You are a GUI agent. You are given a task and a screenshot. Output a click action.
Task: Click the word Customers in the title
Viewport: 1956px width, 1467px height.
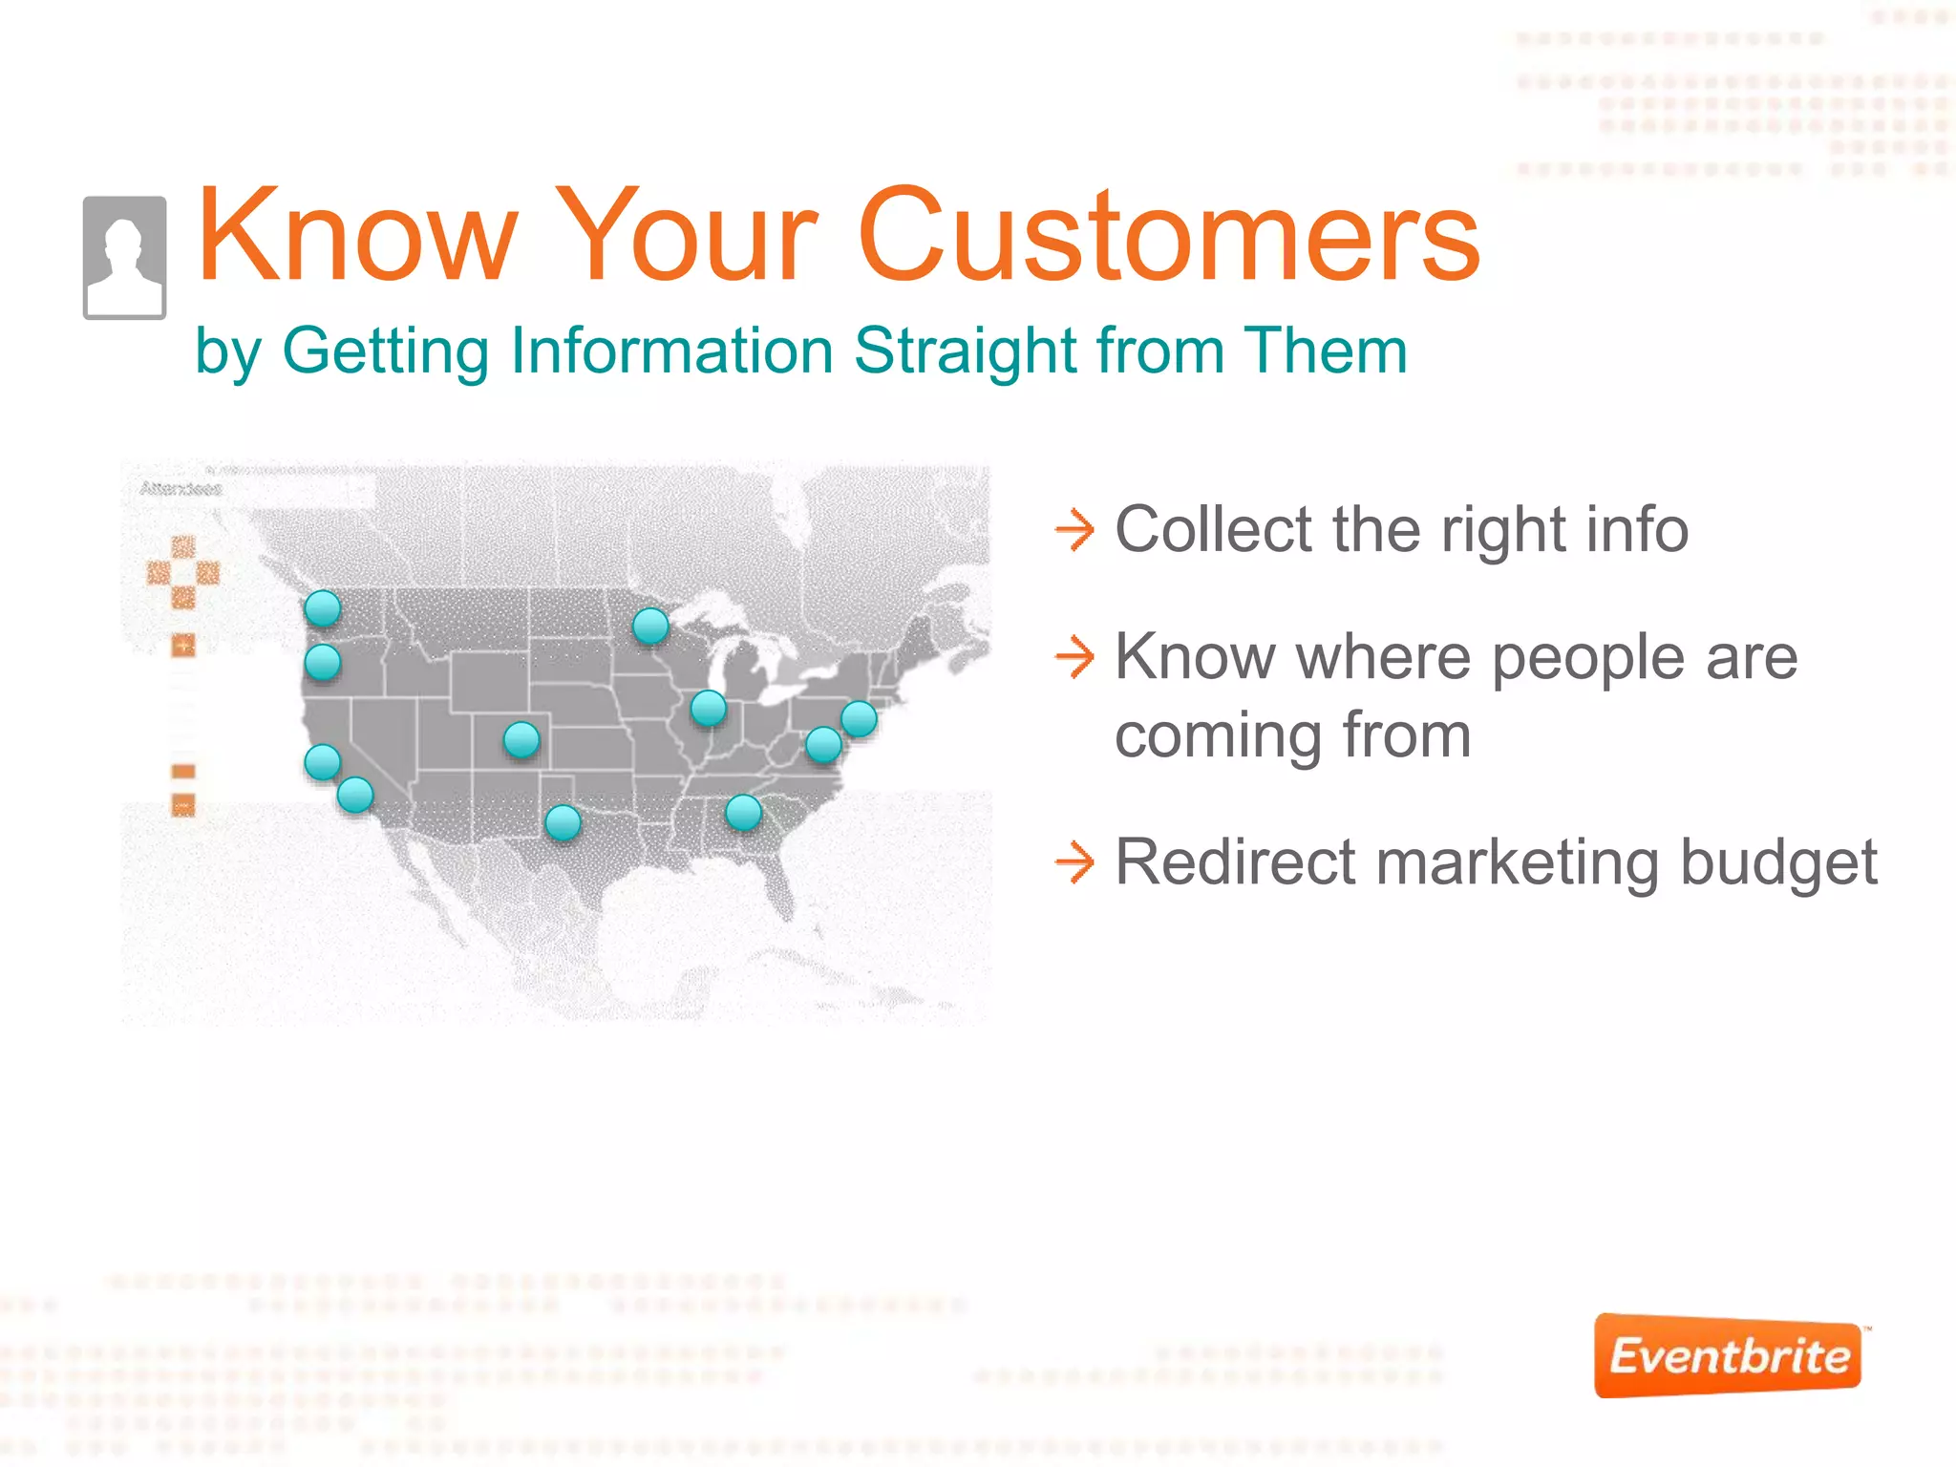tap(1169, 236)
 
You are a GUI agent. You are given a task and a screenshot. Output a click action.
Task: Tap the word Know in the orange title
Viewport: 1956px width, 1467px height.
tap(356, 236)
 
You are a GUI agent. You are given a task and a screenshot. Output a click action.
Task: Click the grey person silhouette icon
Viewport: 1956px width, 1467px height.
tap(124, 258)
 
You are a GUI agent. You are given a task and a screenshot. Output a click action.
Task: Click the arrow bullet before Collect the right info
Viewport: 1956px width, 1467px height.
tap(1074, 530)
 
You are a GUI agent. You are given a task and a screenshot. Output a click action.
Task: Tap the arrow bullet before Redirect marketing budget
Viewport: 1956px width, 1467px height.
tap(1074, 862)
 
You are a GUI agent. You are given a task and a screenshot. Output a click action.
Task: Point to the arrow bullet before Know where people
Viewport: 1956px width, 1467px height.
tap(1074, 657)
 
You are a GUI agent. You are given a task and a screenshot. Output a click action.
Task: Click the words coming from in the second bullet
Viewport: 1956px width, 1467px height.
tap(1293, 736)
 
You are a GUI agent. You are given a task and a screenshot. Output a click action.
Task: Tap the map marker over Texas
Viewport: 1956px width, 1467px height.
tap(563, 822)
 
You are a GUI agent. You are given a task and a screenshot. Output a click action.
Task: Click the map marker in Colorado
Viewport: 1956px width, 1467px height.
tap(521, 739)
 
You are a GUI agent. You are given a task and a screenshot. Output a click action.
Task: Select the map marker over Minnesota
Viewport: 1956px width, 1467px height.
tap(650, 627)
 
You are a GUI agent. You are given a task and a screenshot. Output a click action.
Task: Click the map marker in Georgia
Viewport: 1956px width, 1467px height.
tap(743, 813)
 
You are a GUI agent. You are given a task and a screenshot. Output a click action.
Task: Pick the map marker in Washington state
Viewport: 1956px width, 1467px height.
tap(323, 608)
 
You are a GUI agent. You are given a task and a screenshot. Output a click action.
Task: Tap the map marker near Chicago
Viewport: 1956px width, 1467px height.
tap(709, 708)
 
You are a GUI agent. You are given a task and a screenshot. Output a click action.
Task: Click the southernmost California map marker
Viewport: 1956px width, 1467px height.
tap(355, 795)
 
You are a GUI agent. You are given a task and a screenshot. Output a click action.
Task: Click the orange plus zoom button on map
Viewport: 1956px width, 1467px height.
tap(183, 646)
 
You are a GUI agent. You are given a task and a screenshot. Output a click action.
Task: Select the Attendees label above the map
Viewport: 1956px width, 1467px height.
tap(181, 489)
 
